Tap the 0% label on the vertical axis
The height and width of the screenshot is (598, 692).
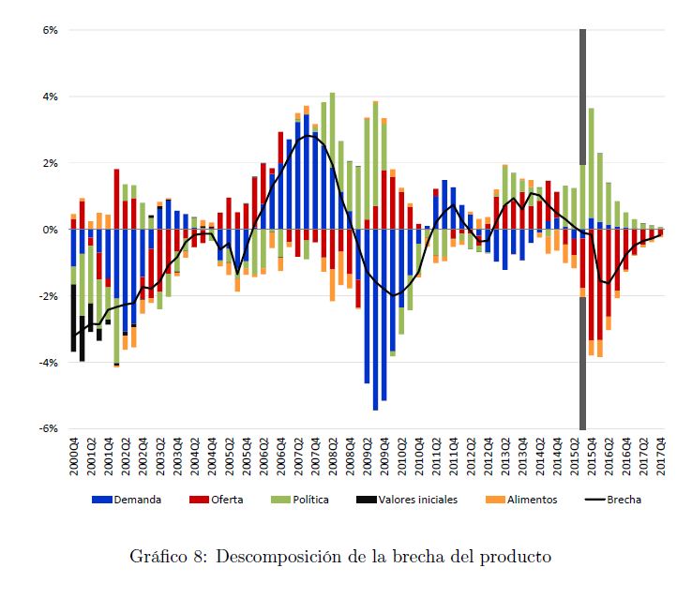point(52,230)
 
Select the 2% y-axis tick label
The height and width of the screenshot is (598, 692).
point(52,163)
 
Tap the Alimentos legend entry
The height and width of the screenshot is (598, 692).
point(530,500)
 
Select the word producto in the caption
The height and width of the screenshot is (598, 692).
point(518,557)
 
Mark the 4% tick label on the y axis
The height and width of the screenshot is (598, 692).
point(52,97)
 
